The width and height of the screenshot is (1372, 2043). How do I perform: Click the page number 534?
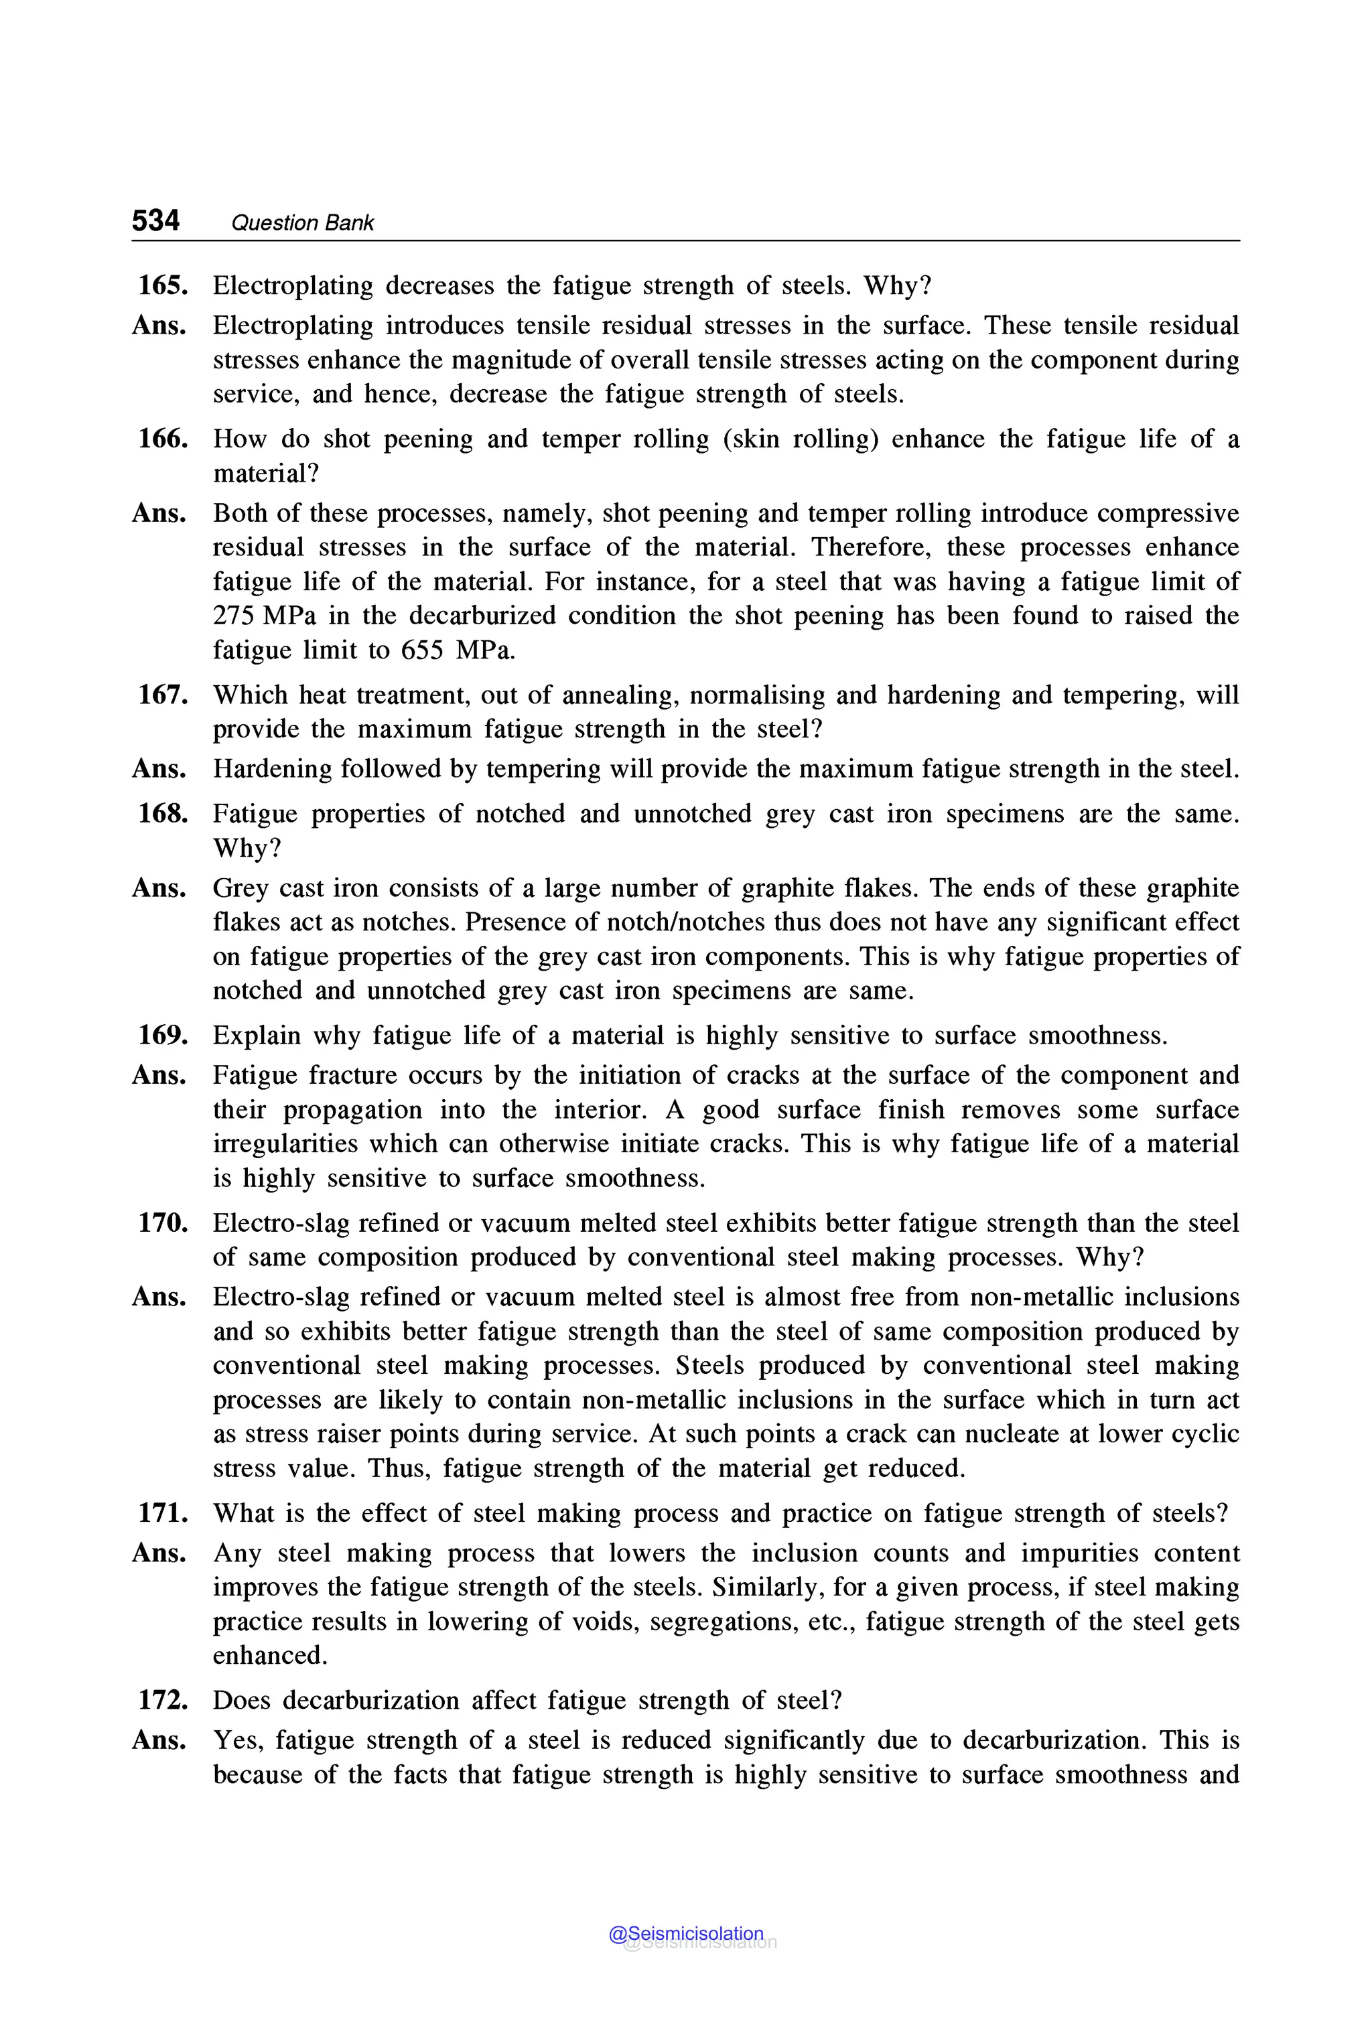[155, 220]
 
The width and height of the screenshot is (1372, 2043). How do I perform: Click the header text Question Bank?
[302, 223]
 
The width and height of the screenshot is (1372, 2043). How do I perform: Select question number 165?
[163, 285]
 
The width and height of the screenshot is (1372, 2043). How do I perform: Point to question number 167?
[163, 695]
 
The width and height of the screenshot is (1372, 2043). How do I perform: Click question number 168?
[163, 814]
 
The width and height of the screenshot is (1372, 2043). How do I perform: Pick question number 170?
[163, 1222]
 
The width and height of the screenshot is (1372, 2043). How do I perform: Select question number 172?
[163, 1700]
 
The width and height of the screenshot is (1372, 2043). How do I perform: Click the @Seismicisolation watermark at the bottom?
[686, 1934]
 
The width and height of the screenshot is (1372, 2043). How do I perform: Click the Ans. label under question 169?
[159, 1075]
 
